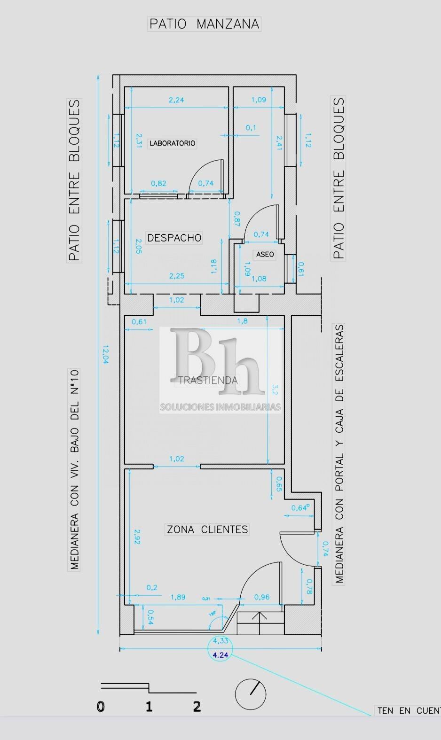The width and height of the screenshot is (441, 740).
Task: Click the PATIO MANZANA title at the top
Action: pyautogui.click(x=204, y=24)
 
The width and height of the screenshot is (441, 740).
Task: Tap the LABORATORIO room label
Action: pyautogui.click(x=172, y=143)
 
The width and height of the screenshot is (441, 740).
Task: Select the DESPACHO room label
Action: pyautogui.click(x=174, y=238)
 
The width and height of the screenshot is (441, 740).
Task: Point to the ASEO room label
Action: pyautogui.click(x=265, y=254)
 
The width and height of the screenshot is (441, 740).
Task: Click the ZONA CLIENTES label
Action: pyautogui.click(x=207, y=530)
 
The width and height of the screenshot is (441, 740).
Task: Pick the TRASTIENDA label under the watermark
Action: pyautogui.click(x=208, y=380)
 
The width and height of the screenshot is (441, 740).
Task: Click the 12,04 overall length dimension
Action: pyautogui.click(x=105, y=355)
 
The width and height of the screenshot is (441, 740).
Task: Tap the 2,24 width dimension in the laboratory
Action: pyautogui.click(x=176, y=100)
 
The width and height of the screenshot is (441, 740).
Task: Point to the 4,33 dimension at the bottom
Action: pyautogui.click(x=220, y=640)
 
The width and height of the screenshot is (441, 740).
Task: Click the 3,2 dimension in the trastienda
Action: pyautogui.click(x=276, y=389)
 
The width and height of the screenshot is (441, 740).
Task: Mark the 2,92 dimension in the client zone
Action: pyautogui.click(x=137, y=537)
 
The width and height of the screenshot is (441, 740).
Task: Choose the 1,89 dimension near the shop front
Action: pyautogui.click(x=178, y=597)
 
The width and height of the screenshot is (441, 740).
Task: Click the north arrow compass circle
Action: pyautogui.click(x=251, y=694)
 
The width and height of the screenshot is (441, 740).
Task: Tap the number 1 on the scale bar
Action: pyautogui.click(x=149, y=707)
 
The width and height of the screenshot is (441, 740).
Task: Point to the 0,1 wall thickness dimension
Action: pyautogui.click(x=251, y=128)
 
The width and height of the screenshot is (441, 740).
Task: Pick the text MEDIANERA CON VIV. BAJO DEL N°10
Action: pyautogui.click(x=74, y=469)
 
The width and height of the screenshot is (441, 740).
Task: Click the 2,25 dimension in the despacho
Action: pyautogui.click(x=177, y=276)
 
